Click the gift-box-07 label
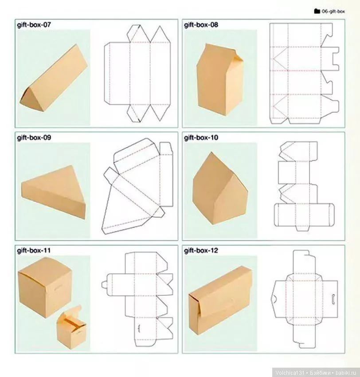(34, 25)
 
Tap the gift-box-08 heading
(201, 25)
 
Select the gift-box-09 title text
(34, 137)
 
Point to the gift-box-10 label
(201, 137)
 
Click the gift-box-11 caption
(34, 251)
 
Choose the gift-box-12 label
(201, 251)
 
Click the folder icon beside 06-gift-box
(317, 11)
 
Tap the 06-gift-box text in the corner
(333, 11)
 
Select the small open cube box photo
(72, 327)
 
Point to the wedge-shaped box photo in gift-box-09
(53, 192)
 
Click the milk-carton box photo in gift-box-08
(220, 79)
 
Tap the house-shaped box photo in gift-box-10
(220, 189)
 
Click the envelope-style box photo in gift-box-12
(220, 301)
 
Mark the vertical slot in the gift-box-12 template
(333, 298)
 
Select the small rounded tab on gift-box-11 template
(104, 285)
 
